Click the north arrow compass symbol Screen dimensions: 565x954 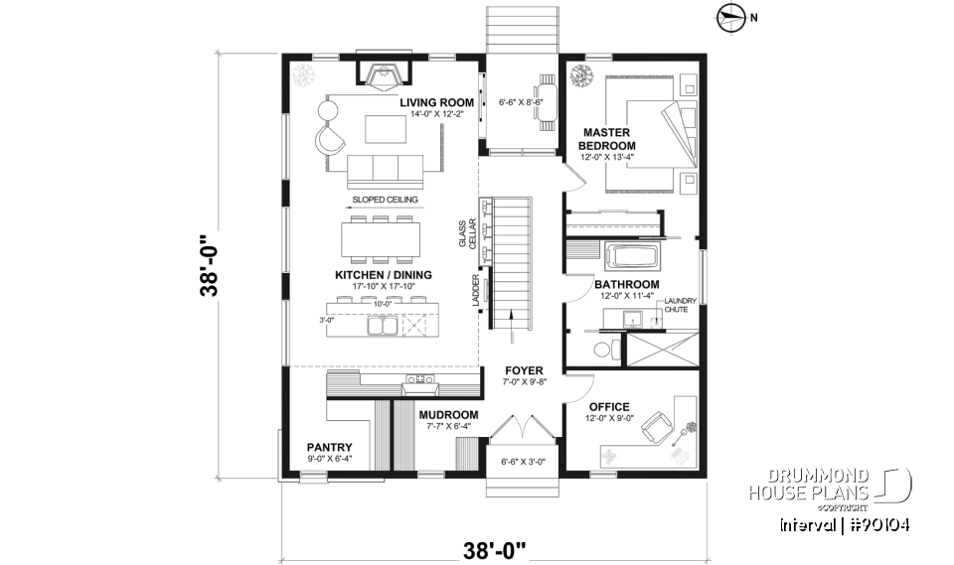tap(730, 15)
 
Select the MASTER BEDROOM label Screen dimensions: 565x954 tap(608, 139)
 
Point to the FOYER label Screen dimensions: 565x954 tap(522, 370)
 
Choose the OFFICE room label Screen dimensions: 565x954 tap(608, 407)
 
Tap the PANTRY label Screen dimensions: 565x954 tap(329, 447)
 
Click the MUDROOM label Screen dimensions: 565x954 tap(448, 415)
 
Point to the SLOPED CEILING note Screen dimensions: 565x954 tap(385, 200)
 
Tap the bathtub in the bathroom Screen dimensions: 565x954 tap(633, 256)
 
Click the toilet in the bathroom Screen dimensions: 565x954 tap(602, 350)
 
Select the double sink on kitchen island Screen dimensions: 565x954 tap(383, 325)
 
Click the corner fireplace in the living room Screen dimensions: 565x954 tap(379, 74)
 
